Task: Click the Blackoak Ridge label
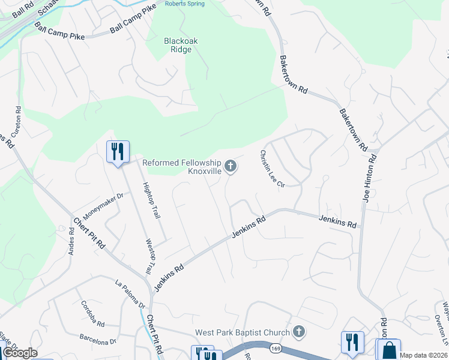point(181,45)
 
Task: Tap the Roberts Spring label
point(185,4)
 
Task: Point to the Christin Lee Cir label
point(272,169)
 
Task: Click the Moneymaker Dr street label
point(103,205)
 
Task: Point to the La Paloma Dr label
point(130,295)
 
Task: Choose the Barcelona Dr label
point(96,341)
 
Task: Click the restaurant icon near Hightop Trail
point(118,151)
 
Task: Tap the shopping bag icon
point(388,350)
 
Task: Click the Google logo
point(20,353)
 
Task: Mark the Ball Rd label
point(22,8)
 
